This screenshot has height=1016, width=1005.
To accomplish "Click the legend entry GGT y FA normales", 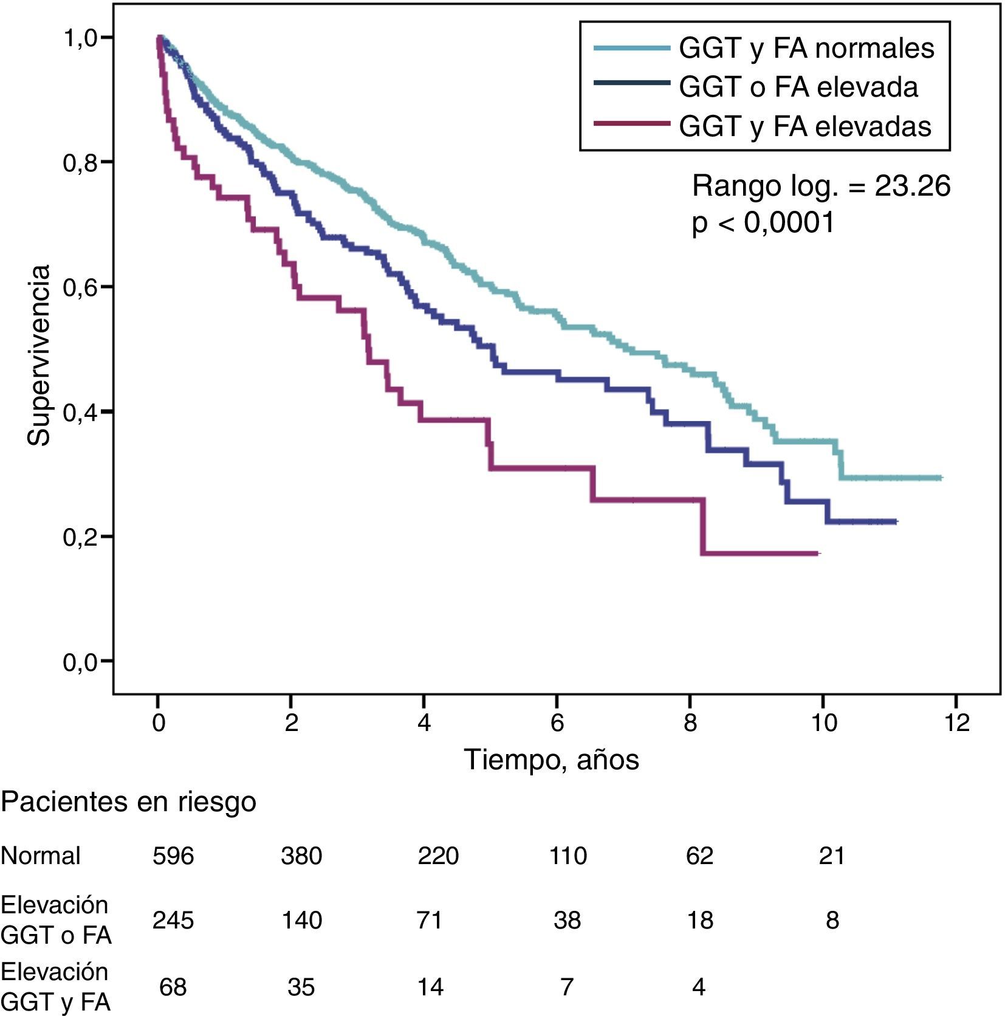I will pyautogui.click(x=806, y=48).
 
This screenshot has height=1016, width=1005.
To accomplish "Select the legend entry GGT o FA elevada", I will pyautogui.click(x=798, y=87).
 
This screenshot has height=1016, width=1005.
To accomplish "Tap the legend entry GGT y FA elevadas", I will pyautogui.click(x=804, y=126).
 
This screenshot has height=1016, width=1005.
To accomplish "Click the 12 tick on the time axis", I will pyautogui.click(x=955, y=723).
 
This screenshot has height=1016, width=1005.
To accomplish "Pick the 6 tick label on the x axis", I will pyautogui.click(x=557, y=723).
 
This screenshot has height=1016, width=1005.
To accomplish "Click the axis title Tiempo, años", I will pyautogui.click(x=551, y=760).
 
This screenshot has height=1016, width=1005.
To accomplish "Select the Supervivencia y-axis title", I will pyautogui.click(x=38, y=355).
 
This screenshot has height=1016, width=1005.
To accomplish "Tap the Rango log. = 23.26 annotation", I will pyautogui.click(x=821, y=185).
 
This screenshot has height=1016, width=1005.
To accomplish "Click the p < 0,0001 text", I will pyautogui.click(x=763, y=223).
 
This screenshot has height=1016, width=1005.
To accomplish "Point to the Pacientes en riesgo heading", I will pyautogui.click(x=128, y=802).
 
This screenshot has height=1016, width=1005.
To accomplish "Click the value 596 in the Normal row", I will pyautogui.click(x=173, y=856).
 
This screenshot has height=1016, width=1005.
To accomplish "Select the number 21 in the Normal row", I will pyautogui.click(x=832, y=856).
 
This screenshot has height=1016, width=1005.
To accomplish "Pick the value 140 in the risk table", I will pyautogui.click(x=301, y=920).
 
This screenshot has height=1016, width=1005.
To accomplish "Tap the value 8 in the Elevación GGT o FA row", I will pyautogui.click(x=832, y=920).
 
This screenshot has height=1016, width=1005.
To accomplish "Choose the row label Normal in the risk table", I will pyautogui.click(x=40, y=856).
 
